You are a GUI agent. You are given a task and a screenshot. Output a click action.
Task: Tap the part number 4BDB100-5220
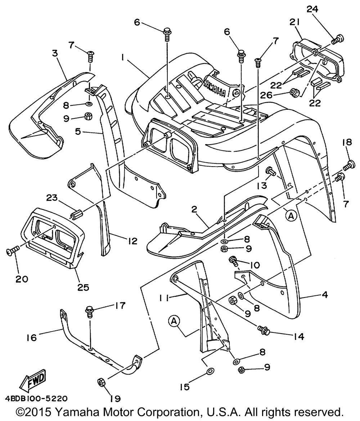pyautogui.click(x=36, y=399)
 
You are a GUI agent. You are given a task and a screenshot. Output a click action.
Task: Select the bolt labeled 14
pyautogui.click(x=265, y=329)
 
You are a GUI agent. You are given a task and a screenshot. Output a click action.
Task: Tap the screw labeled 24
pyautogui.click(x=337, y=39)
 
